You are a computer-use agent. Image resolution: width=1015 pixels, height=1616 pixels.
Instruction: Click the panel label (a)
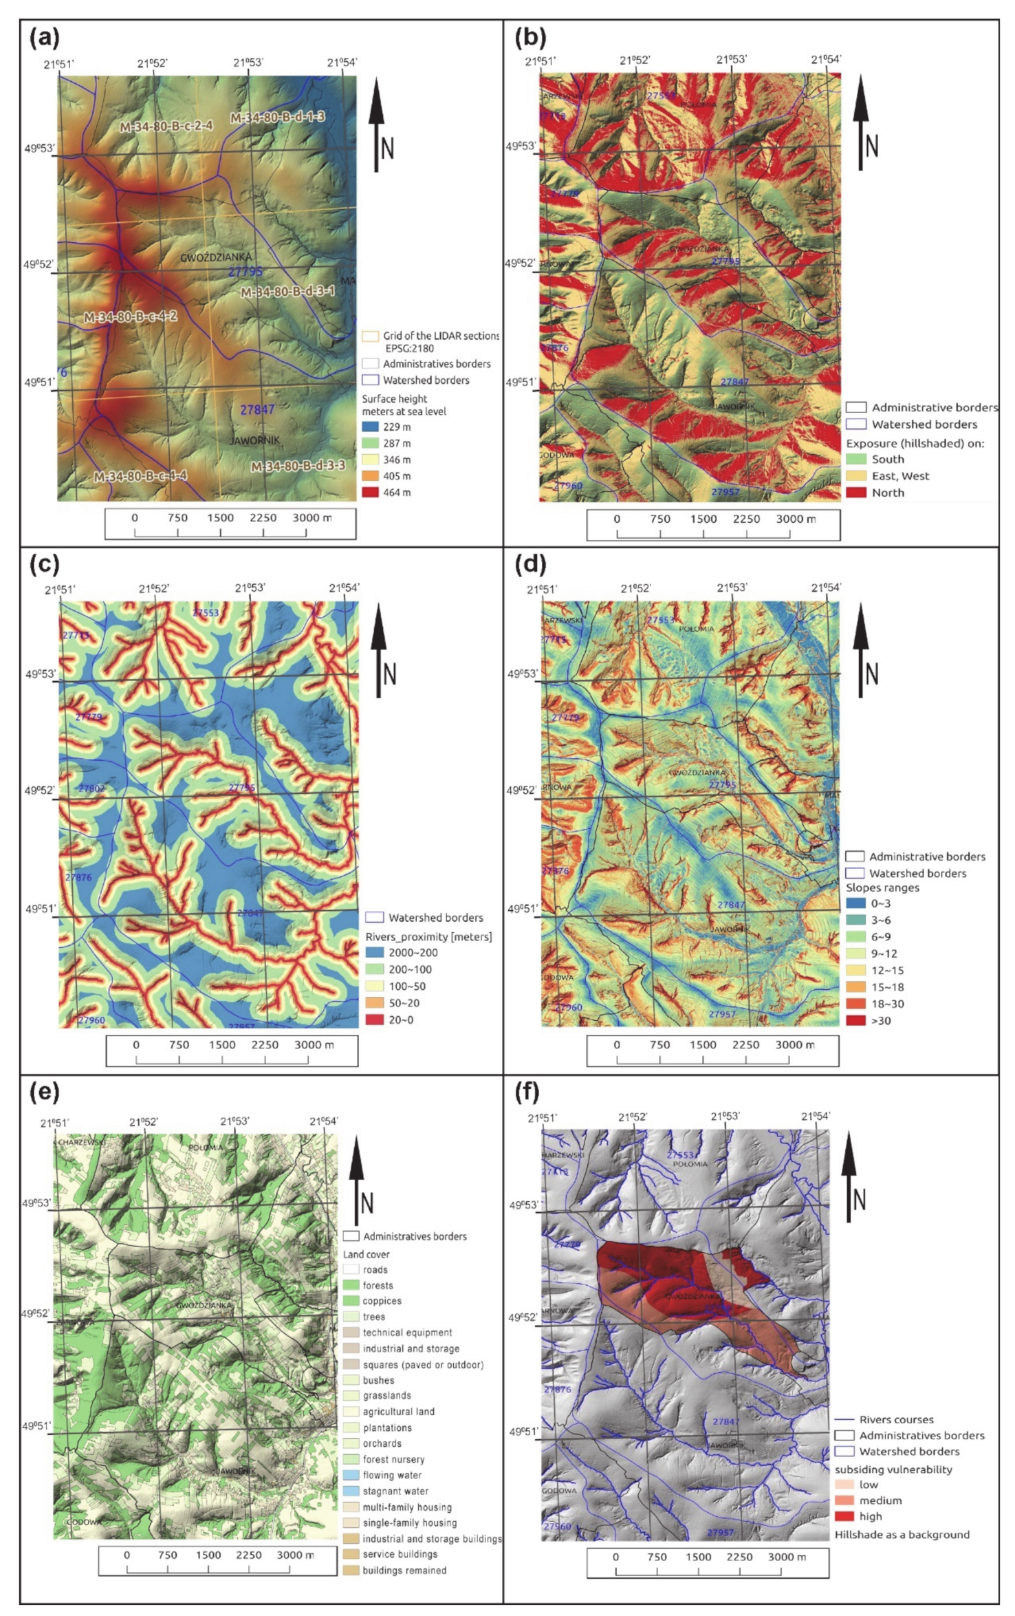pyautogui.click(x=44, y=38)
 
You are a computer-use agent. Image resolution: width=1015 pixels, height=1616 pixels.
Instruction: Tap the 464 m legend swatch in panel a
pyautogui.click(x=371, y=493)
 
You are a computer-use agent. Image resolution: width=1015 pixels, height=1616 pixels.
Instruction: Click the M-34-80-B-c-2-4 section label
pyautogui.click(x=166, y=127)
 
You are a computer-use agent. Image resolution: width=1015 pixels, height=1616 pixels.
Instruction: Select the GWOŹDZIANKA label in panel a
pyautogui.click(x=216, y=257)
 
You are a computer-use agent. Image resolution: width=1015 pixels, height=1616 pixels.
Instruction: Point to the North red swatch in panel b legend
pyautogui.click(x=855, y=493)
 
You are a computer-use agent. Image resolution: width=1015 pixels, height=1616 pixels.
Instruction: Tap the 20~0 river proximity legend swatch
pyautogui.click(x=374, y=1020)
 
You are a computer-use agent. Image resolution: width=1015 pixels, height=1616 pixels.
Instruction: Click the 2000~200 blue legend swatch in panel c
pyautogui.click(x=374, y=953)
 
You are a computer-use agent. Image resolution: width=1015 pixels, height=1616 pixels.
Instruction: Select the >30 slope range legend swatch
pyautogui.click(x=855, y=1020)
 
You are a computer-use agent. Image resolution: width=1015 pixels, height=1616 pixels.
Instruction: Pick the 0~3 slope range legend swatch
pyautogui.click(x=855, y=903)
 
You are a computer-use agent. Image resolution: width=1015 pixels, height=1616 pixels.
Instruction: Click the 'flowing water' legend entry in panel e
pyautogui.click(x=392, y=1475)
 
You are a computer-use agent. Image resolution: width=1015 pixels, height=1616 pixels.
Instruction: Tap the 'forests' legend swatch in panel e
pyautogui.click(x=351, y=1285)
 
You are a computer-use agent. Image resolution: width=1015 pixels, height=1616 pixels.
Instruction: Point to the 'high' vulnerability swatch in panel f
pyautogui.click(x=844, y=1516)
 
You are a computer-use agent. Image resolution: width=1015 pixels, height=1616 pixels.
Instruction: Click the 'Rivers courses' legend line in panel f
pyautogui.click(x=844, y=1419)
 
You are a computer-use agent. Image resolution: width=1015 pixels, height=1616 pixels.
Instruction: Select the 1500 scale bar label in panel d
pyautogui.click(x=703, y=1044)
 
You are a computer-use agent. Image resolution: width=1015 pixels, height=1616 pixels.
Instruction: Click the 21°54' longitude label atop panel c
pyautogui.click(x=344, y=588)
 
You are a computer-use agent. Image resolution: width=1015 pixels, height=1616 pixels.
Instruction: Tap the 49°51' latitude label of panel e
pyautogui.click(x=36, y=1426)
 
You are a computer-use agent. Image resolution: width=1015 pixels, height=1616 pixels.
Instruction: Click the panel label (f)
pyautogui.click(x=527, y=1092)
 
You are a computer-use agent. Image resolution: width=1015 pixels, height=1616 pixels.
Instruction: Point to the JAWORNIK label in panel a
pyautogui.click(x=254, y=440)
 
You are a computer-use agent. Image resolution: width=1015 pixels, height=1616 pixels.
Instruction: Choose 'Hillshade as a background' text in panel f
pyautogui.click(x=902, y=1535)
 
